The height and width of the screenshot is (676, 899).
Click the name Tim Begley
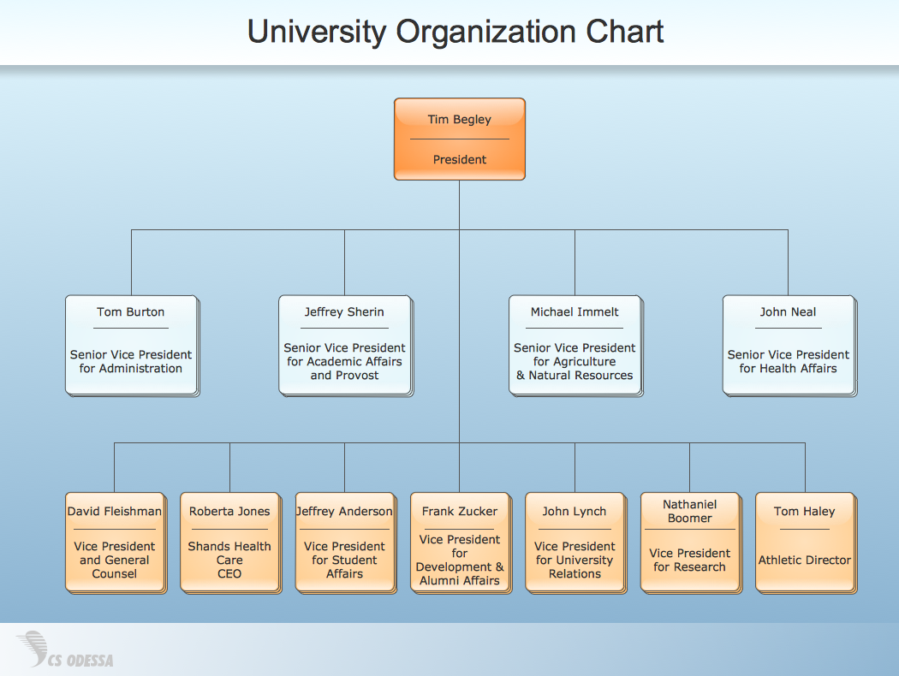(x=460, y=120)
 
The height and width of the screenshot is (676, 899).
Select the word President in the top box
(x=460, y=160)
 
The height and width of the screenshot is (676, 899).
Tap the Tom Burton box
(x=131, y=345)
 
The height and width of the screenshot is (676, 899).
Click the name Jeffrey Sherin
(x=344, y=312)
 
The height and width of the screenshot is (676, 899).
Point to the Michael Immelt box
(x=575, y=345)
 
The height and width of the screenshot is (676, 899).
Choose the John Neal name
(x=788, y=312)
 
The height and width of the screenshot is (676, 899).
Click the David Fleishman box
(x=115, y=542)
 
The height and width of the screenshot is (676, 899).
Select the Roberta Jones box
(x=229, y=542)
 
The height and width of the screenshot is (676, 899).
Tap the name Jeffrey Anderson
(x=344, y=512)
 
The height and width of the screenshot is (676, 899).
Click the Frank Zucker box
(x=460, y=542)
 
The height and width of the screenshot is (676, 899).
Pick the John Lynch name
(x=575, y=512)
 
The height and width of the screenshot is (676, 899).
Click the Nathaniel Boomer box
(x=689, y=542)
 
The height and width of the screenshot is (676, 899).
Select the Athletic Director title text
(x=805, y=560)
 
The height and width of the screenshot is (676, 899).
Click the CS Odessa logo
(x=65, y=650)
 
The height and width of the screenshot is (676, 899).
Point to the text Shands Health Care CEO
(x=229, y=560)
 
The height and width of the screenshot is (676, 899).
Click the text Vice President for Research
(x=689, y=560)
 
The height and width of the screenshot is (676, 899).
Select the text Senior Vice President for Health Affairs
(x=788, y=362)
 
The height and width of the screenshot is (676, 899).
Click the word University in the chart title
(x=317, y=33)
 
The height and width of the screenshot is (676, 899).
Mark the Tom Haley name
(x=805, y=512)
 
